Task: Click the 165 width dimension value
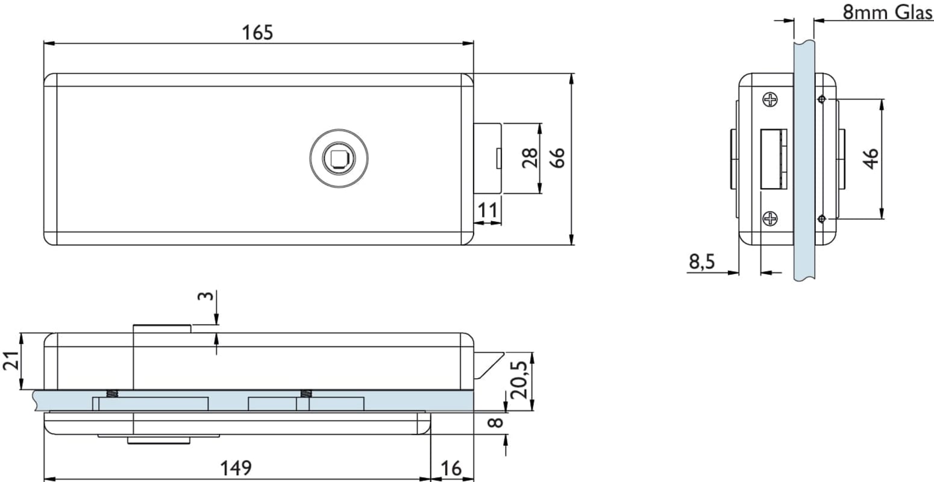[257, 33]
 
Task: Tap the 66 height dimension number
[557, 158]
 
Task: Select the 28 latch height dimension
[530, 158]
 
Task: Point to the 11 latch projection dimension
[487, 210]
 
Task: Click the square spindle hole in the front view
[338, 158]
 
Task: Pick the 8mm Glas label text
[887, 12]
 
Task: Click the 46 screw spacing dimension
[871, 159]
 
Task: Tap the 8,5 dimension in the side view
[702, 262]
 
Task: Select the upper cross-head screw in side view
[770, 99]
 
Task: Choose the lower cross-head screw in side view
[770, 219]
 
